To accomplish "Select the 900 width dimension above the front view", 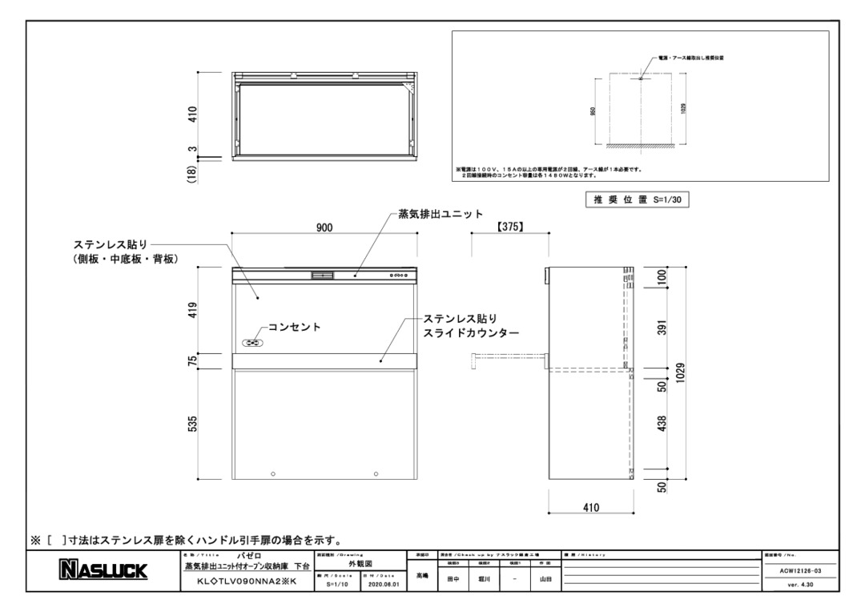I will tap(324, 227).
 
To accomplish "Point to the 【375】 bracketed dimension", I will tap(509, 227).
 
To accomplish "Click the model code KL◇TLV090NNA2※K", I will tap(241, 582).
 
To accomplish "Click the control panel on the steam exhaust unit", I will tap(398, 275).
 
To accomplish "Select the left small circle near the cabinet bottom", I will tap(273, 473).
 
